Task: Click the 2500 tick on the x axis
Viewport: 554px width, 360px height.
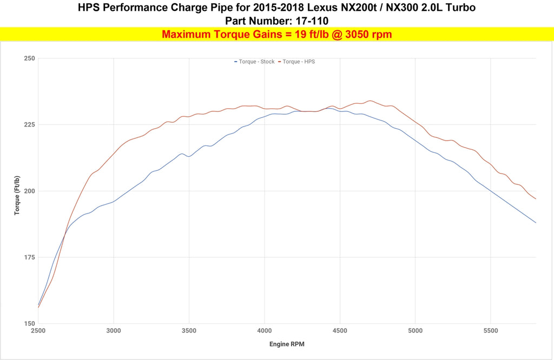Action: pos(38,330)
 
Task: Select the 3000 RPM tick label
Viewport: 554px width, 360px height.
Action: pos(114,330)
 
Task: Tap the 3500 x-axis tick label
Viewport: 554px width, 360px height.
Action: pos(189,330)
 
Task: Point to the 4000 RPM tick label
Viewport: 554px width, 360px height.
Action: pos(264,330)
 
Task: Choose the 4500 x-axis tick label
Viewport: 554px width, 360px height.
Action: pos(340,330)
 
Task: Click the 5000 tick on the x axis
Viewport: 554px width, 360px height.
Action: pos(415,330)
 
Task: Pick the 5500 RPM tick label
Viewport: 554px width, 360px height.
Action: pos(490,330)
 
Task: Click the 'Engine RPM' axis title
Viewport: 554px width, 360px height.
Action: pos(287,344)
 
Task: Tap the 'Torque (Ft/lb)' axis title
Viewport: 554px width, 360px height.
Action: pos(17,196)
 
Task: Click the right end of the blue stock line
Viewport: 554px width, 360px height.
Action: pos(536,222)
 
